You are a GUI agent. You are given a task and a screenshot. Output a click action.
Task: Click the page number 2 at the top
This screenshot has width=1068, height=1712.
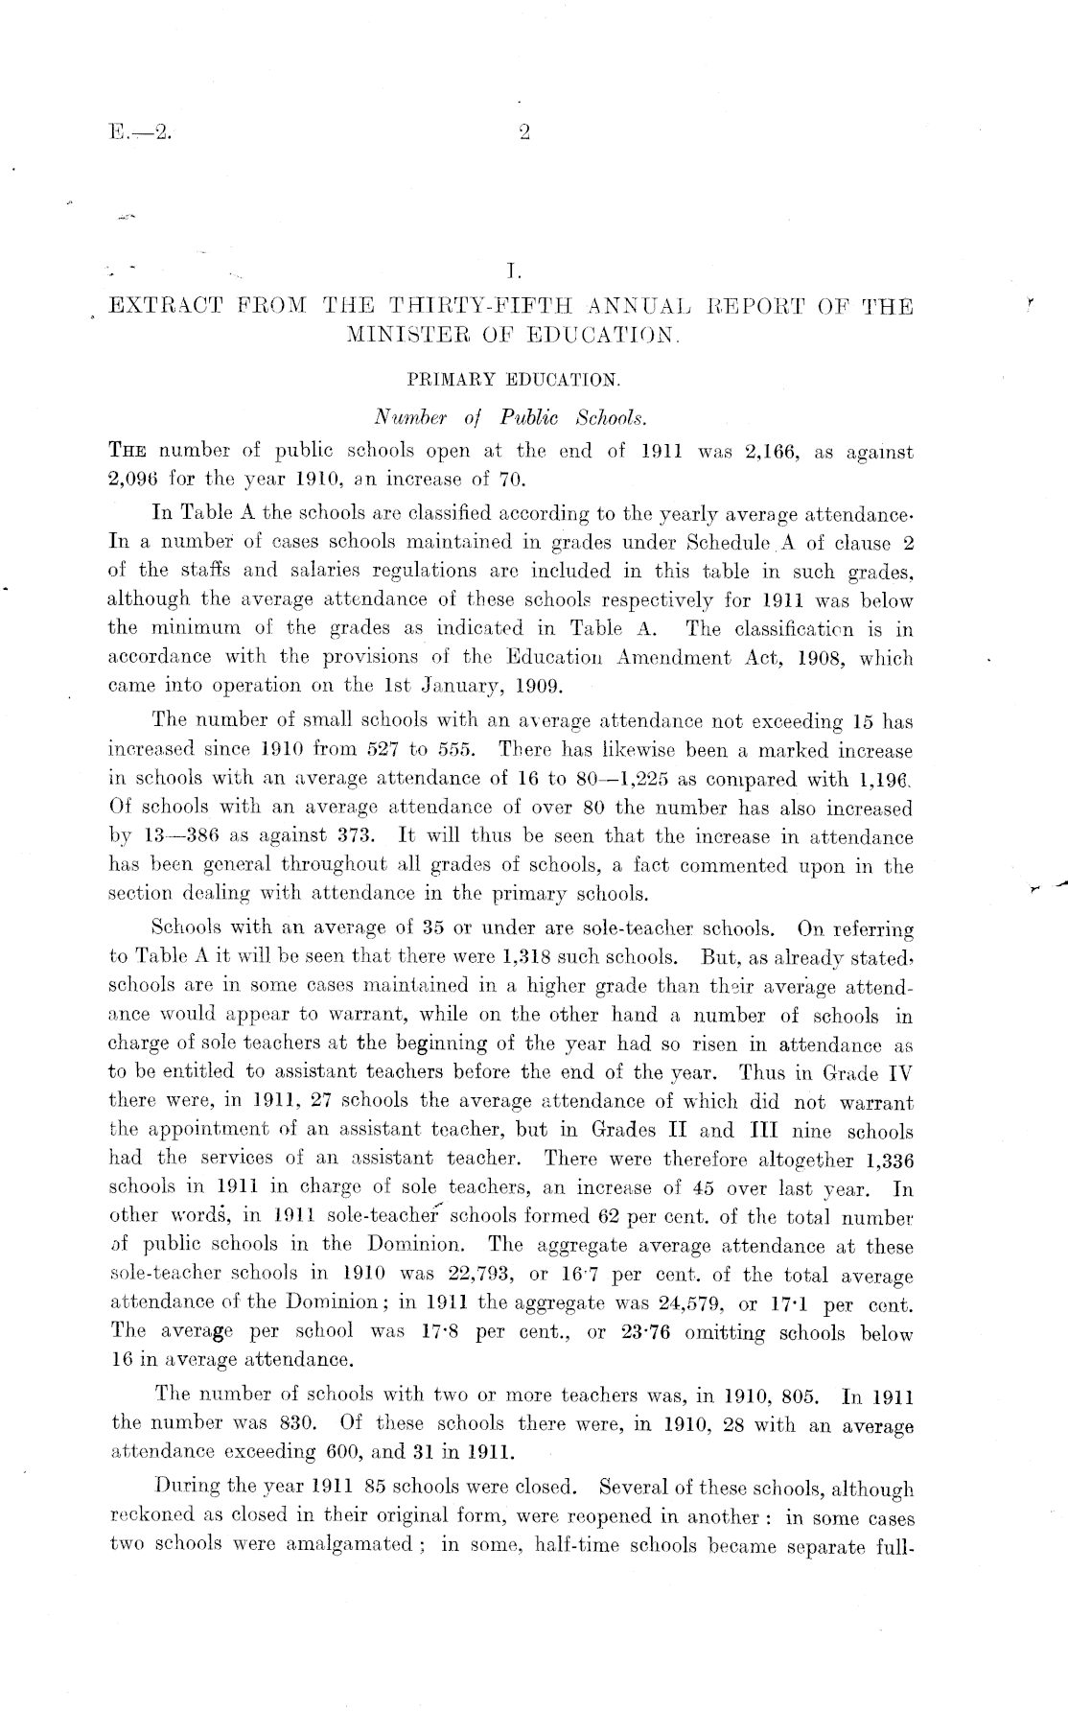(x=524, y=133)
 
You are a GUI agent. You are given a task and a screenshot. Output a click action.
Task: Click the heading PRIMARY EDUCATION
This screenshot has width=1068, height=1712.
(x=514, y=380)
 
